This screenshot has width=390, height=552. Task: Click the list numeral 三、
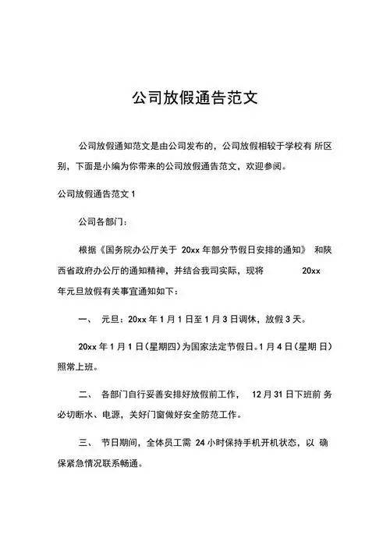pos(86,443)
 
